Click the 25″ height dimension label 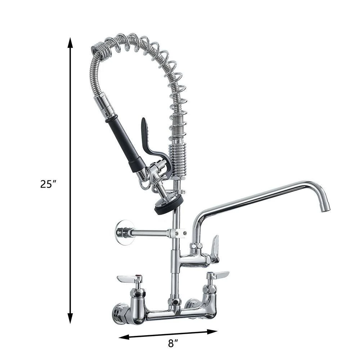tap(49, 184)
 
